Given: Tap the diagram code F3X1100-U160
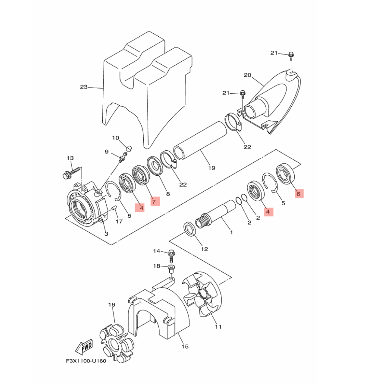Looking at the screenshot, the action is tap(86, 366).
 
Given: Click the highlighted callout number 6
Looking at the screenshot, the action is tap(299, 194).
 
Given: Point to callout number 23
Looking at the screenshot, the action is tap(84, 87).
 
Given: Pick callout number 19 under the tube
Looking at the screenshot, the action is tap(211, 168).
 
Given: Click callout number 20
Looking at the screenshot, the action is tap(247, 75).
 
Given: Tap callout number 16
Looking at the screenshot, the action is tap(112, 305).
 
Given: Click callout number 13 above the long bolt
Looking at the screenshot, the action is tap(70, 158).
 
